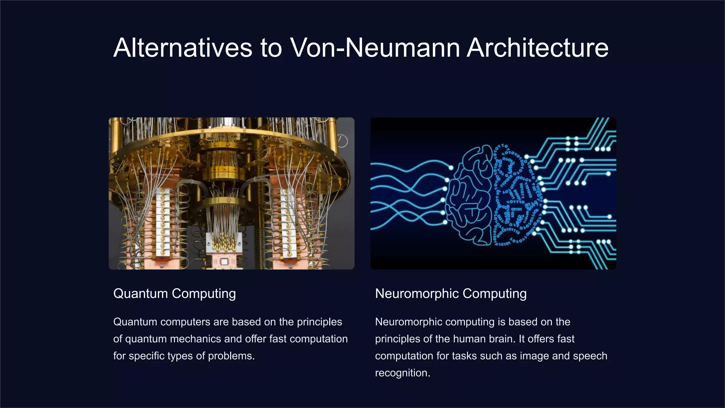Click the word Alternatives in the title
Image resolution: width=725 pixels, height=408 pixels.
(x=183, y=48)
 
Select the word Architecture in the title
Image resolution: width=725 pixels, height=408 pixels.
(x=537, y=48)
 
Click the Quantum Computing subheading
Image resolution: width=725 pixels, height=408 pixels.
(x=175, y=294)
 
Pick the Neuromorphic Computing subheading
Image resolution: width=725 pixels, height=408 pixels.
(x=451, y=294)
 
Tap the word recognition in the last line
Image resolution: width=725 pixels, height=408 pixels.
(x=402, y=373)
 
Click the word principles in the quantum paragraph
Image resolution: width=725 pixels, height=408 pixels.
(x=319, y=322)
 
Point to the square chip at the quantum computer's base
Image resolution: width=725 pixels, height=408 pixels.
(x=224, y=262)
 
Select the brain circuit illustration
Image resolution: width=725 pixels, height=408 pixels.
(x=493, y=193)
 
